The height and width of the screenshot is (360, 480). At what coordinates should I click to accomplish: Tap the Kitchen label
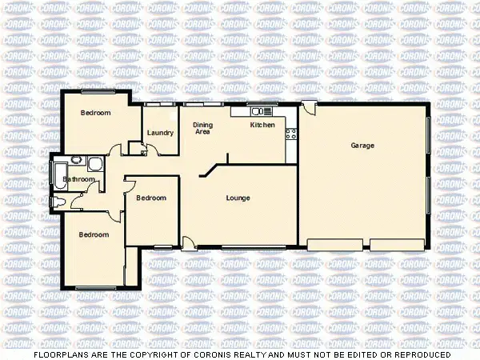(x=262, y=126)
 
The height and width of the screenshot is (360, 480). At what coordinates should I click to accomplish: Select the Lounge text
(x=238, y=198)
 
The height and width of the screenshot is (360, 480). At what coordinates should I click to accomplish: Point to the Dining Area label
(x=203, y=128)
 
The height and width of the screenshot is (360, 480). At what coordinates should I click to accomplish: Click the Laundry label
(x=160, y=133)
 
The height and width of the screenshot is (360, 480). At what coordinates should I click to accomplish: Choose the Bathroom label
(x=80, y=180)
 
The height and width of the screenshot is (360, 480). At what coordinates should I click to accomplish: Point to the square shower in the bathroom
(x=96, y=166)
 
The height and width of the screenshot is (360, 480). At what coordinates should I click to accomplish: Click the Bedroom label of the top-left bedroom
(x=95, y=114)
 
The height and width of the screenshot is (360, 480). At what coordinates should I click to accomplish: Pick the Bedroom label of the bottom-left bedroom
(x=93, y=234)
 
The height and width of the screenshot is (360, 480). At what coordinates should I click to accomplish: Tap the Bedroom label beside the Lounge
(x=150, y=198)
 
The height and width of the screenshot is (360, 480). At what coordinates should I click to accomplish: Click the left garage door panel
(x=334, y=244)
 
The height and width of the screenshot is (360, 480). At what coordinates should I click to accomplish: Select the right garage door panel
(x=397, y=244)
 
